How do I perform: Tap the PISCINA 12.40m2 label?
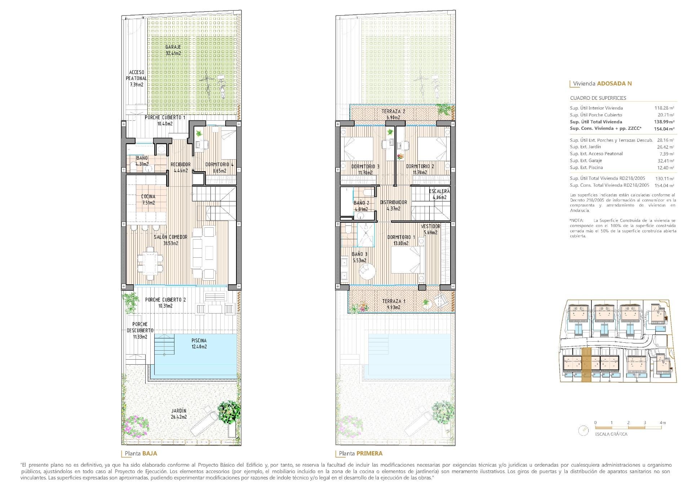point(199,343)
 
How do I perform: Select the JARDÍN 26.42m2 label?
point(179,414)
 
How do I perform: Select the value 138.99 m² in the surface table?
point(664,122)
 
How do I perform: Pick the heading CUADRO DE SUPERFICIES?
point(598,98)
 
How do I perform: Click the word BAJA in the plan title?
point(150,454)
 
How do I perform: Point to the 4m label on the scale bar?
point(662,423)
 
